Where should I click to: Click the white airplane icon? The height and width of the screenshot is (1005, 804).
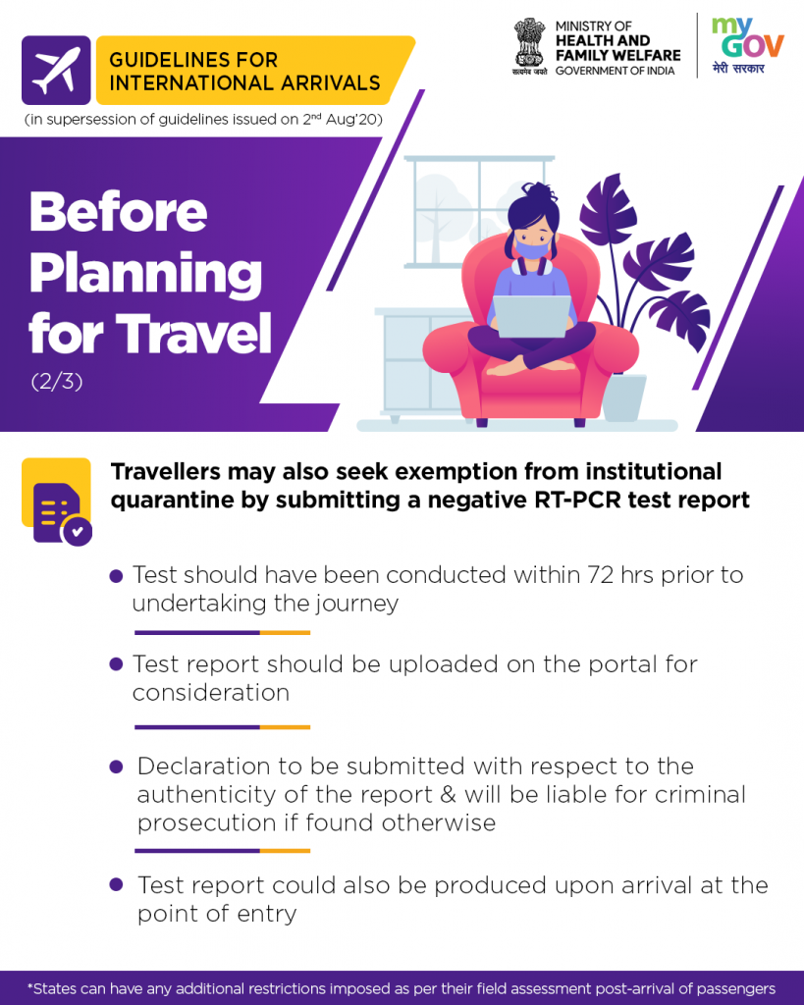pyautogui.click(x=56, y=71)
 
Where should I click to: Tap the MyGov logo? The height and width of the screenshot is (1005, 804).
pyautogui.click(x=747, y=45)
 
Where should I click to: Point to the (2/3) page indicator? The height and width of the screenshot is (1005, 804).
pyautogui.click(x=57, y=382)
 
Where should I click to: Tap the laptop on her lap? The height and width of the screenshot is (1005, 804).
pyautogui.click(x=531, y=315)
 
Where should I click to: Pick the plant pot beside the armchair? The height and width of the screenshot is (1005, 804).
pyautogui.click(x=623, y=397)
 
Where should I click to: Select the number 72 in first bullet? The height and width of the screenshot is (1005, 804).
pyautogui.click(x=600, y=575)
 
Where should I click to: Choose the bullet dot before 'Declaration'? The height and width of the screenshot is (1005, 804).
pyautogui.click(x=116, y=767)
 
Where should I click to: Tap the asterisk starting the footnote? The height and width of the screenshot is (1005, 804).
pyautogui.click(x=30, y=985)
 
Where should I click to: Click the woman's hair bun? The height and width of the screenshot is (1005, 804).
pyautogui.click(x=539, y=191)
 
